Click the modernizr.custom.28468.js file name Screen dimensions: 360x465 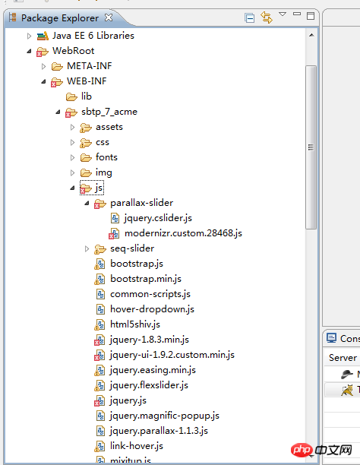(x=183, y=233)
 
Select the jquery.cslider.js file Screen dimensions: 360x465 (x=158, y=218)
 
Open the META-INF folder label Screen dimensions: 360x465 (x=90, y=66)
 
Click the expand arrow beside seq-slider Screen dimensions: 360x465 (x=87, y=248)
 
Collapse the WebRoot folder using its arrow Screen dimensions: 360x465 (x=29, y=52)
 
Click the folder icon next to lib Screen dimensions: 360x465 (x=71, y=96)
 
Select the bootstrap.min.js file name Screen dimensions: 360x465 (x=146, y=279)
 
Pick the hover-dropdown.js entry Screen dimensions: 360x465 (x=152, y=309)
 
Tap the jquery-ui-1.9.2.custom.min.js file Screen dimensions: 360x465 (x=172, y=355)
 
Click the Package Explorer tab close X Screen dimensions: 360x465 (x=109, y=17)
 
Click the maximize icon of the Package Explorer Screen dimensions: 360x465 (x=311, y=16)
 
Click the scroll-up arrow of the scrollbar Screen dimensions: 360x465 (x=311, y=35)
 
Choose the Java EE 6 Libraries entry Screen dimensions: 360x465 (x=93, y=36)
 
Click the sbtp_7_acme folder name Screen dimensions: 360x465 (x=109, y=112)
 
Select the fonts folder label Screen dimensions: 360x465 (x=106, y=157)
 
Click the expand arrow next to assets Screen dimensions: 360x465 (x=72, y=128)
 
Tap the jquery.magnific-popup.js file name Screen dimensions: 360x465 (x=165, y=416)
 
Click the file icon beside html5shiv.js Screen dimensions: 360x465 (x=99, y=324)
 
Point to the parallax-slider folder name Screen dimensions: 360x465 (x=142, y=203)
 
